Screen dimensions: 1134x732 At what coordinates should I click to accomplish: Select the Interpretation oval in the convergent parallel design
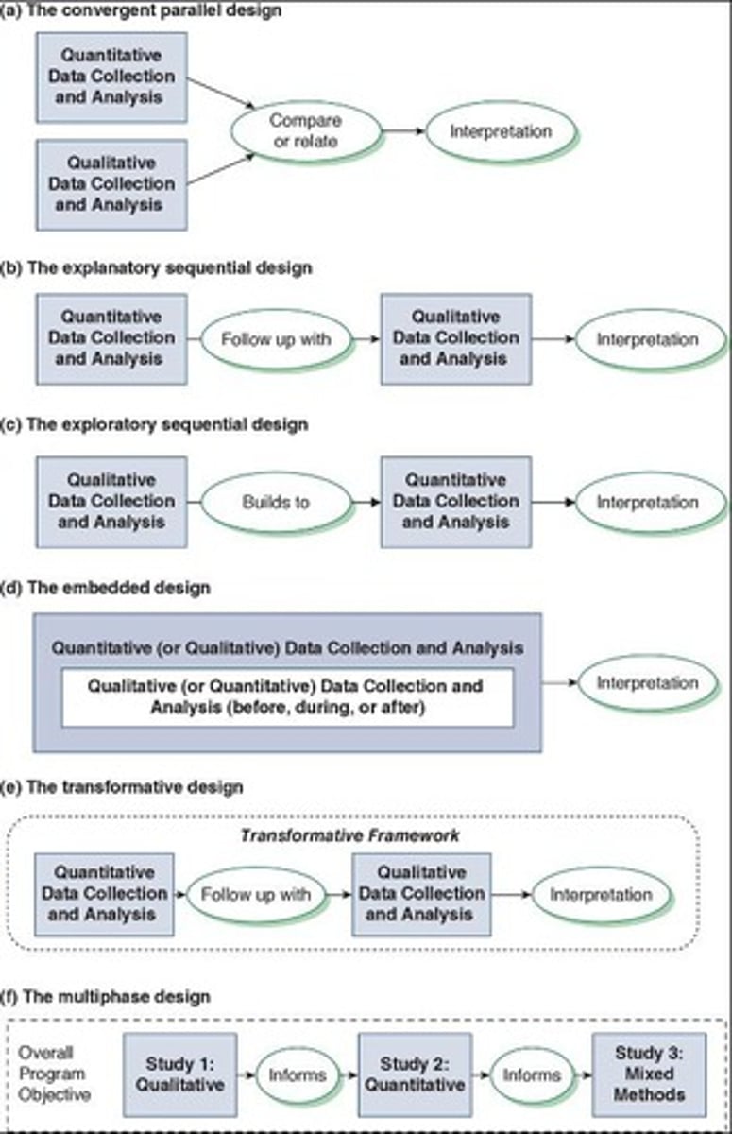pyautogui.click(x=501, y=131)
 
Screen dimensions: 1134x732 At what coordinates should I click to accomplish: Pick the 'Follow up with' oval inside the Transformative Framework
pyautogui.click(x=256, y=894)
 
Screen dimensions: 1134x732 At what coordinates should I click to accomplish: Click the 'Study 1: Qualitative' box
pyautogui.click(x=179, y=1074)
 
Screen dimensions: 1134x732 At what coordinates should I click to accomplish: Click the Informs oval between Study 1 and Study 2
pyautogui.click(x=298, y=1074)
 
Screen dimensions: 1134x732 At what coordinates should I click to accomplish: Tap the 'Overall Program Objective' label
pyautogui.click(x=54, y=1074)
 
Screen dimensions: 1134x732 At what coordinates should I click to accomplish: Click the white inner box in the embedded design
pyautogui.click(x=287, y=697)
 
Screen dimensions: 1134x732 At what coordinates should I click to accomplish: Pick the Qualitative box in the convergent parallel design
pyautogui.click(x=111, y=183)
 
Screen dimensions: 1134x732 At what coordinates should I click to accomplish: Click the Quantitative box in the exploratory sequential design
pyautogui.click(x=455, y=502)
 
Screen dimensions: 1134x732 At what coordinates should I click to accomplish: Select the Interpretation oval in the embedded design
pyautogui.click(x=647, y=683)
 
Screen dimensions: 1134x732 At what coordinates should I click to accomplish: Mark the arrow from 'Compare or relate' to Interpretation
pyautogui.click(x=403, y=131)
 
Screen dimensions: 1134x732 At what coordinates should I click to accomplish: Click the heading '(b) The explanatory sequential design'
pyautogui.click(x=157, y=267)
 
